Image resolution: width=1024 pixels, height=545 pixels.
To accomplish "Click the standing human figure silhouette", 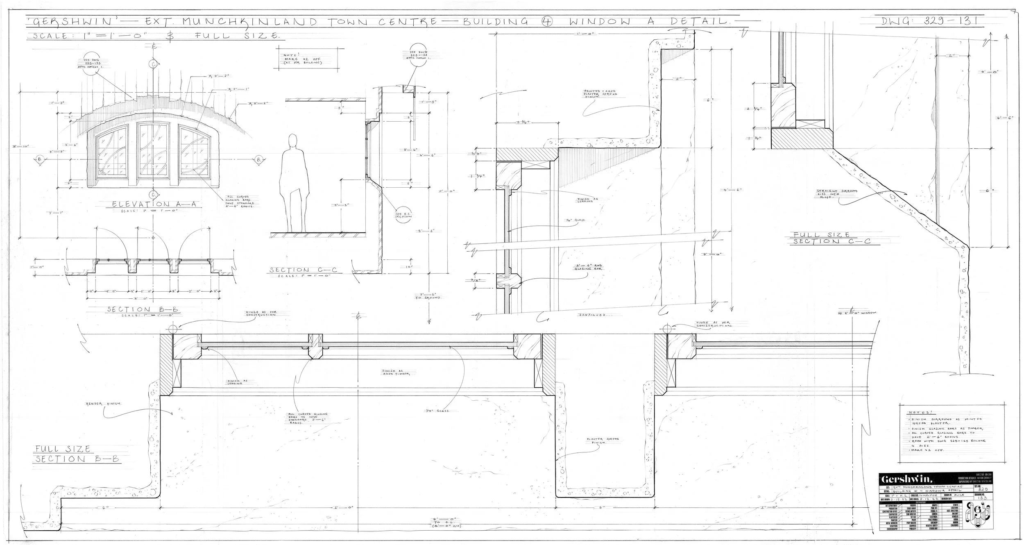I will pos(293,183).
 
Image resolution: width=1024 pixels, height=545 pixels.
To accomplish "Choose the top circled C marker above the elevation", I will pos(153,64).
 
